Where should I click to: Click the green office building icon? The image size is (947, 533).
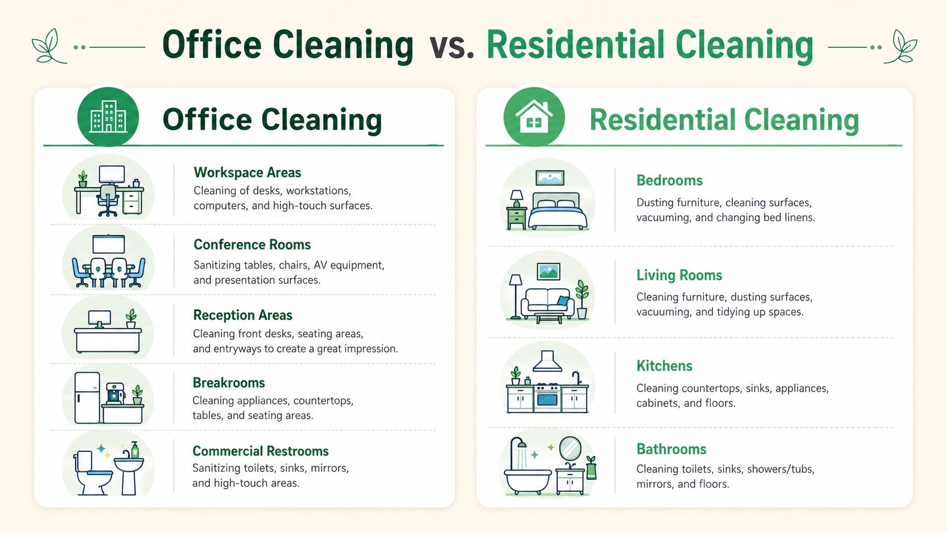pos(108,116)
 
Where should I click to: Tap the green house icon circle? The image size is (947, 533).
pos(534,116)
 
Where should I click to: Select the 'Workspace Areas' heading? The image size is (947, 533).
pos(248,172)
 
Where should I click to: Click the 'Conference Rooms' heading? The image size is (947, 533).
pos(252,244)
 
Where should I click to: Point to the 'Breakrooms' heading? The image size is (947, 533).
pos(229,382)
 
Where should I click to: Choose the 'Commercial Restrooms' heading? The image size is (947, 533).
pos(261,451)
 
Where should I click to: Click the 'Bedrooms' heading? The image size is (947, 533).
pos(669,181)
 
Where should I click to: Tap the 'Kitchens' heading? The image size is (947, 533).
pos(664,365)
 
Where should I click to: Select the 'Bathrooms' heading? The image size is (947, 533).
pos(671,449)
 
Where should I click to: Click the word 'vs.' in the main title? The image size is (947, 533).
pos(452,46)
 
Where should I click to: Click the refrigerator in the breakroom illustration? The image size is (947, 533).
pos(87,398)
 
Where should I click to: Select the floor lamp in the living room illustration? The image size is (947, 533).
pos(516,296)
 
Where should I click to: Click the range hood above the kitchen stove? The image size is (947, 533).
pos(548,361)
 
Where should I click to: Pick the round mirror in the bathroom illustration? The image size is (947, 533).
pos(570,449)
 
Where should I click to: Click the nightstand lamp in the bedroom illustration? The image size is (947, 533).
pos(516,198)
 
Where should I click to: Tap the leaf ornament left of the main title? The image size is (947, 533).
pos(49,46)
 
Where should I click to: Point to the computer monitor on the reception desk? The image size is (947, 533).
pos(100,319)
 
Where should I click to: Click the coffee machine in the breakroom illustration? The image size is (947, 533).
pos(115,393)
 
